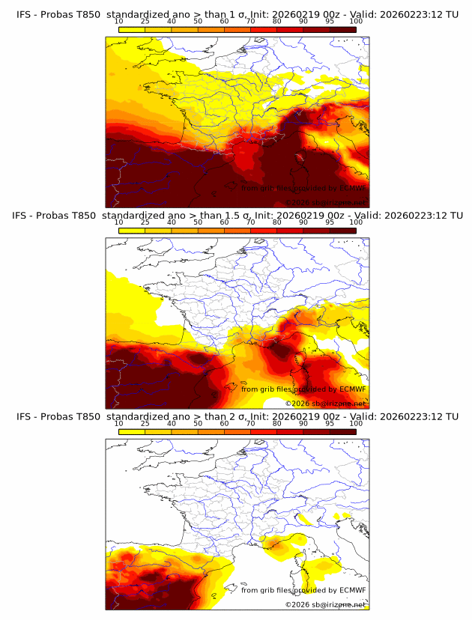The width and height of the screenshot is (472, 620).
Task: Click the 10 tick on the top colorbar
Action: click(x=119, y=29)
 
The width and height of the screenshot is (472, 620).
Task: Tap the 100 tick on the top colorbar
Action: click(x=356, y=29)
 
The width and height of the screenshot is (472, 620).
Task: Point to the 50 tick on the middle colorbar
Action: click(x=198, y=230)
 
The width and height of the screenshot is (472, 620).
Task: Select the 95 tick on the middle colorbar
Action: click(x=330, y=230)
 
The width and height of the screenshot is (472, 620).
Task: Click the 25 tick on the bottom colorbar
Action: click(x=145, y=431)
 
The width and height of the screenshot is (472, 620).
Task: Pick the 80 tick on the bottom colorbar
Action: click(x=276, y=431)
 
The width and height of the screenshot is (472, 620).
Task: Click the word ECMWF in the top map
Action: click(x=352, y=188)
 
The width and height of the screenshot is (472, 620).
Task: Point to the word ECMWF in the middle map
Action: click(x=352, y=389)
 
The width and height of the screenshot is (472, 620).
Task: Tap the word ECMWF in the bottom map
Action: click(x=352, y=590)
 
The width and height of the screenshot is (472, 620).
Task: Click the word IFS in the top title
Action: click(x=24, y=14)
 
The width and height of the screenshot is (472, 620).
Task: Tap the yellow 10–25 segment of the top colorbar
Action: click(x=132, y=29)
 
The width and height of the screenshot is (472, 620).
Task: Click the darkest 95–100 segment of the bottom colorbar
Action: click(x=342, y=431)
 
